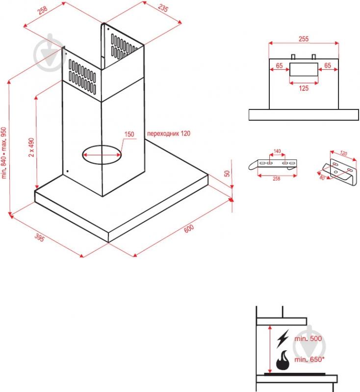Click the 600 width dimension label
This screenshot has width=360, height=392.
(189, 228)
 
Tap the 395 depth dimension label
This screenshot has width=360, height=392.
(39, 237)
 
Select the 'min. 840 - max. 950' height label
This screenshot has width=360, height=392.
(4, 153)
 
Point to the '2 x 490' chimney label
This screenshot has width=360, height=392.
(31, 147)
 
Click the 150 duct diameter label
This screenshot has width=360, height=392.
(129, 134)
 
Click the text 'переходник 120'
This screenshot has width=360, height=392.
(169, 133)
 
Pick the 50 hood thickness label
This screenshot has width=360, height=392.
(227, 173)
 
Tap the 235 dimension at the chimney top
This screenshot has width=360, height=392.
(163, 8)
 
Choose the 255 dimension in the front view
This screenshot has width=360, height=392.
(304, 39)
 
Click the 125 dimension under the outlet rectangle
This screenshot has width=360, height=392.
(304, 88)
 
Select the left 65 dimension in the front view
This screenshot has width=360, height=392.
(279, 66)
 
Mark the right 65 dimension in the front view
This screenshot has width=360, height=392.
(328, 66)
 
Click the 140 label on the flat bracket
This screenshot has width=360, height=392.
(277, 151)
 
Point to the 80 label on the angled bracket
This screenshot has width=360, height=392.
(322, 178)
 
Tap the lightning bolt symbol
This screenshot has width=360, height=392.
(283, 338)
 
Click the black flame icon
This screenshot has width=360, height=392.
(283, 360)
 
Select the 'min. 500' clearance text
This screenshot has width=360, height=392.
(308, 339)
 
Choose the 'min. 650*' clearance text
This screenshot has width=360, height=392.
(309, 359)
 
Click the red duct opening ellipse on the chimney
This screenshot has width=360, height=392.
(102, 146)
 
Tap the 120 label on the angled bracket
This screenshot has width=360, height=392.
(344, 153)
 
